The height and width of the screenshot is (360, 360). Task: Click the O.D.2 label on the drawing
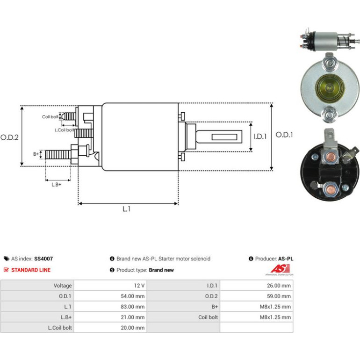pyautogui.click(x=9, y=137)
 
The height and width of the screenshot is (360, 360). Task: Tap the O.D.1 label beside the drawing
pyautogui.click(x=284, y=135)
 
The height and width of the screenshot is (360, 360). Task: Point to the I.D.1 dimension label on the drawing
pyautogui.click(x=260, y=137)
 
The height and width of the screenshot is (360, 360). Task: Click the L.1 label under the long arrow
pyautogui.click(x=127, y=209)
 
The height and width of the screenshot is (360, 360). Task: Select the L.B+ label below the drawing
pyautogui.click(x=57, y=185)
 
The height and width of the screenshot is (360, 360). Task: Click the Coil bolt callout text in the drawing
pyautogui.click(x=50, y=117)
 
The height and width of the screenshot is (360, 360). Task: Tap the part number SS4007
pyautogui.click(x=43, y=259)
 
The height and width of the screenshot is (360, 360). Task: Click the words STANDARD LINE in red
pyautogui.click(x=31, y=270)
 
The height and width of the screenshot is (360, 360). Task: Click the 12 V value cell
pyautogui.click(x=110, y=285)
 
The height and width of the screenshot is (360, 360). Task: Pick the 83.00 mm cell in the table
pyautogui.click(x=110, y=307)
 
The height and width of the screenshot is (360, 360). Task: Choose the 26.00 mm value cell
pyautogui.click(x=257, y=285)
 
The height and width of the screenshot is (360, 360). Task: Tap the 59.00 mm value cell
pyautogui.click(x=257, y=296)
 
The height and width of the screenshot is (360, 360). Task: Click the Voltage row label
pyautogui.click(x=63, y=286)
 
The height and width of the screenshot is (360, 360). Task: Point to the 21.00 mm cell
pyautogui.click(x=110, y=317)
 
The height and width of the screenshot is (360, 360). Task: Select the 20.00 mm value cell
pyautogui.click(x=110, y=328)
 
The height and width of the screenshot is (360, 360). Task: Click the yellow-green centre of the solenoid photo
pyautogui.click(x=330, y=87)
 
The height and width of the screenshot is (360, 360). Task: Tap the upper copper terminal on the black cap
pyautogui.click(x=331, y=157)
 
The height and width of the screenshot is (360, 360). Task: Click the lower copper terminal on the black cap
pyautogui.click(x=330, y=189)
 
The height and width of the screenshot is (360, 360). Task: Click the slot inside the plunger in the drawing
pyautogui.click(x=224, y=137)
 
